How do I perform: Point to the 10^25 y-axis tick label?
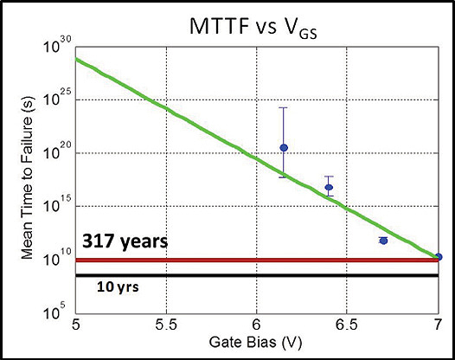pos(56,100)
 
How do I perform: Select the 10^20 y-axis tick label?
pos(56,153)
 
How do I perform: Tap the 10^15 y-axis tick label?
pos(56,206)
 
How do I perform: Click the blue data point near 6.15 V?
pos(284,148)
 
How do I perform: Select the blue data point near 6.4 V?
pos(329,187)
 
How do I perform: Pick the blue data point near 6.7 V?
pos(383,240)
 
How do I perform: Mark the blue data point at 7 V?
pos(438,257)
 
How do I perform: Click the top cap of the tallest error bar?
pos(284,107)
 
